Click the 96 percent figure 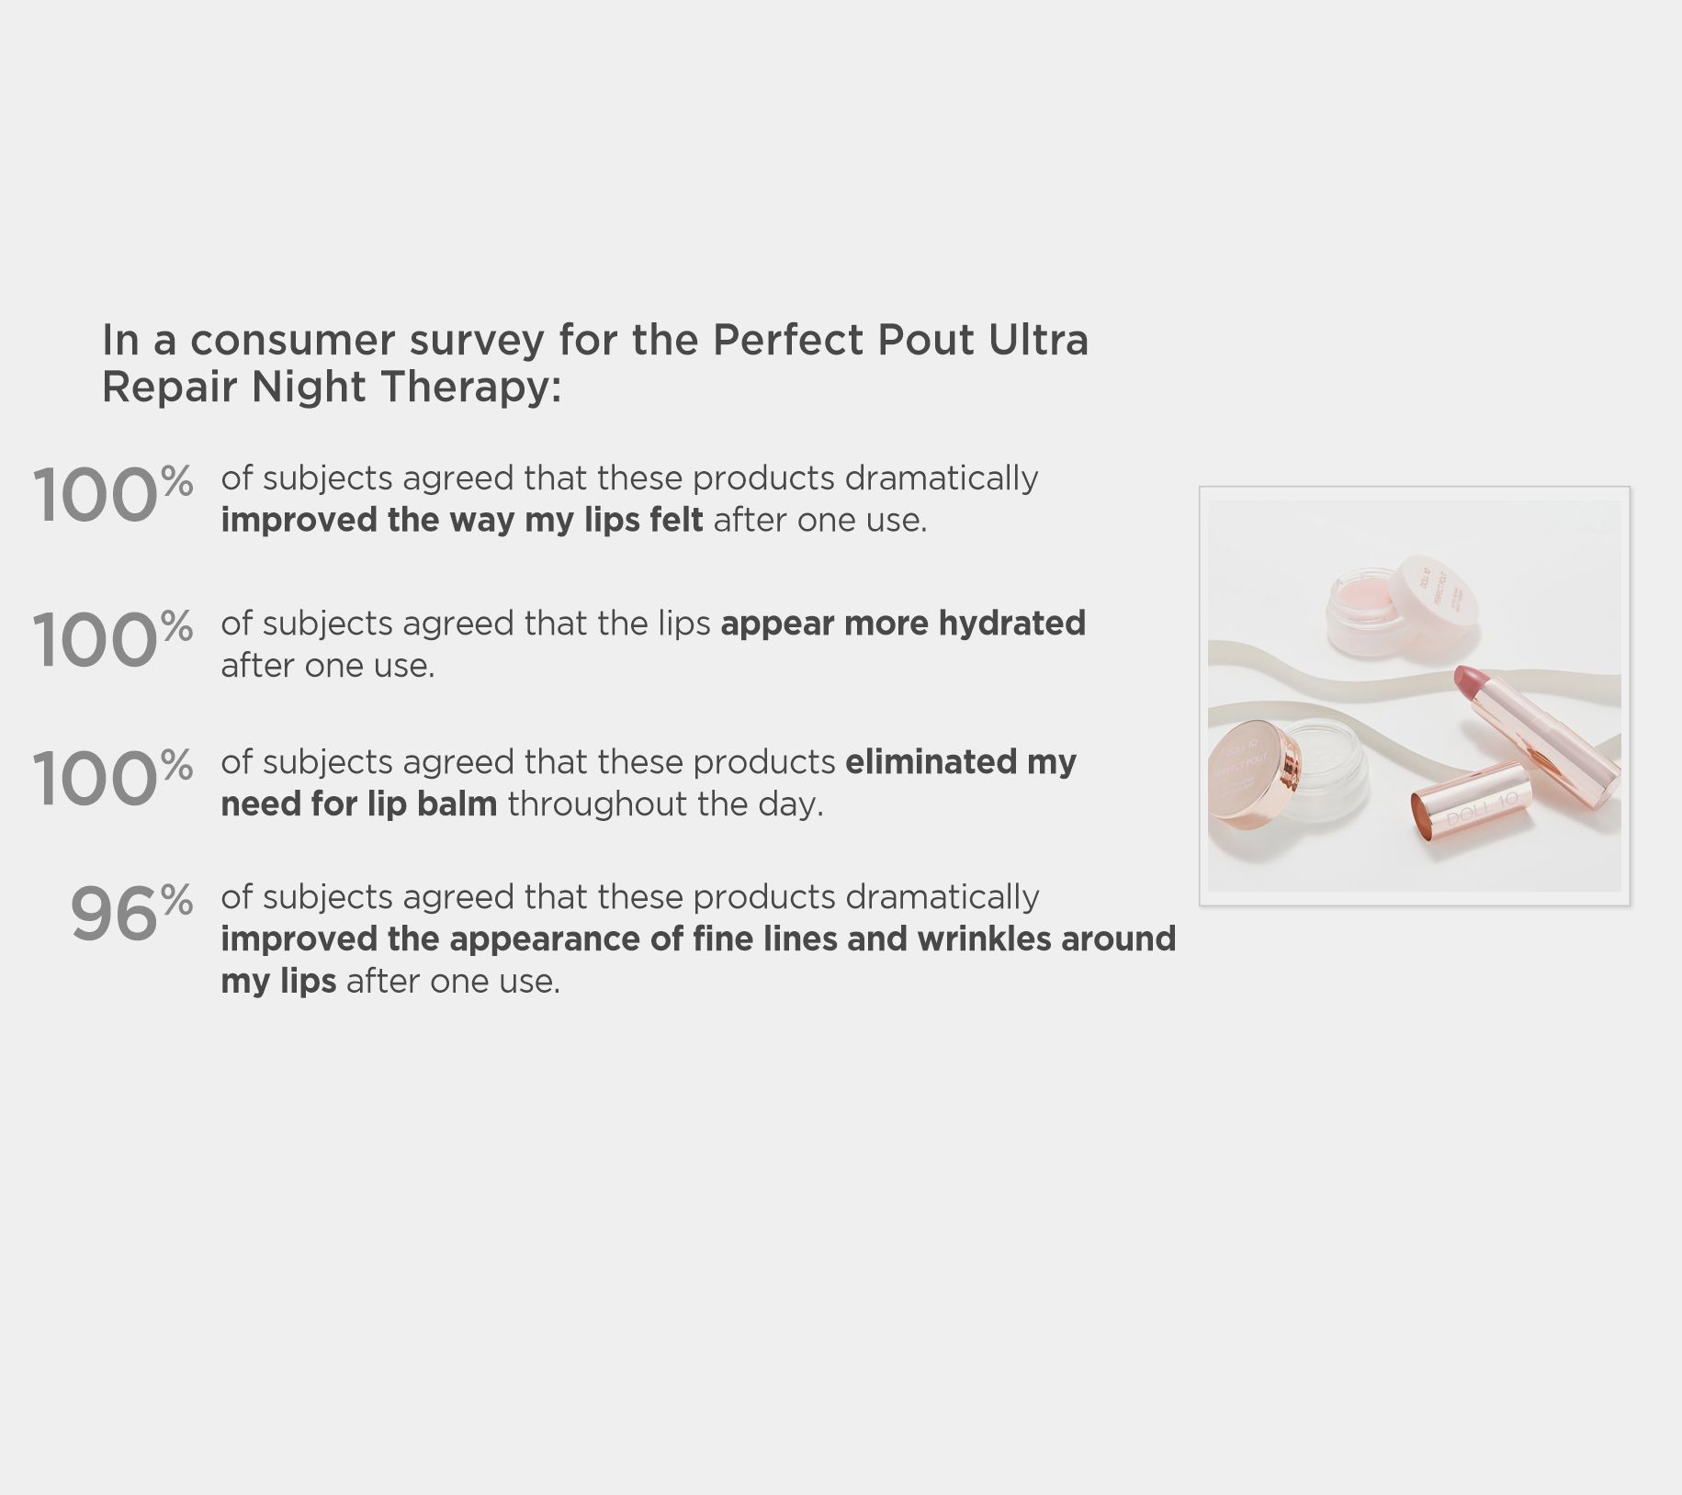tap(131, 913)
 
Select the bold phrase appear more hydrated tap(903, 624)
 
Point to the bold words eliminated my tap(960, 763)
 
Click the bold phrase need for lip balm tap(359, 804)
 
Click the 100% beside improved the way tap(113, 493)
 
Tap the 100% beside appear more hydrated tap(113, 638)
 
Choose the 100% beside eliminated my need tap(113, 777)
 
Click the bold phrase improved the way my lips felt tap(462, 521)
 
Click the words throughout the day tap(665, 804)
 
